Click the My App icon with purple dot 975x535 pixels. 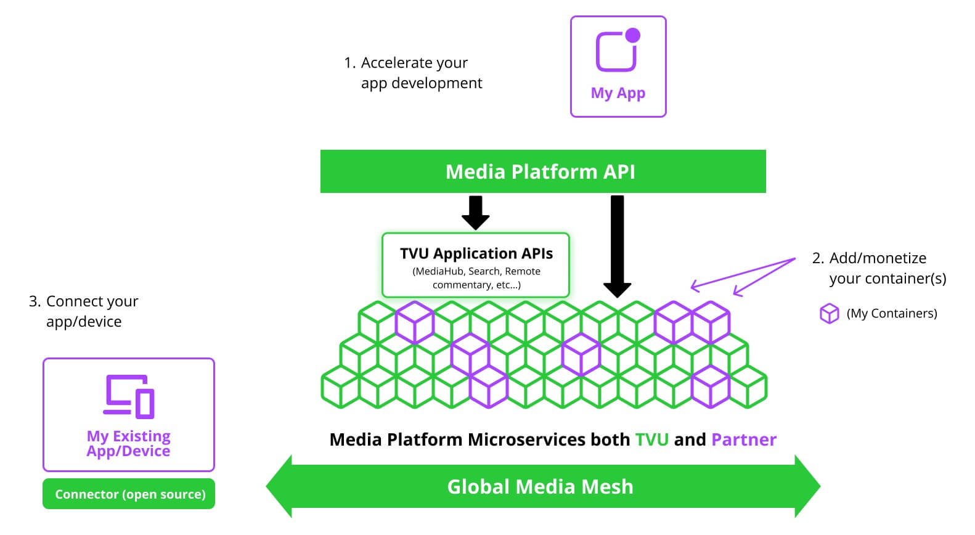point(617,51)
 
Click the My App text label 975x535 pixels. point(618,93)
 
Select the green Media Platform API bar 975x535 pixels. point(542,171)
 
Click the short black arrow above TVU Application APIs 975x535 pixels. point(475,212)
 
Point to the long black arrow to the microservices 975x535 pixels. point(617,247)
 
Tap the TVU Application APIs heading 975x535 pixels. point(476,253)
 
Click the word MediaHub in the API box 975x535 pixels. point(439,271)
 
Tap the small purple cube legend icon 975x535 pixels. point(829,314)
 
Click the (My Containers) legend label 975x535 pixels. point(892,314)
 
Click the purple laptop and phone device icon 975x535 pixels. point(128,396)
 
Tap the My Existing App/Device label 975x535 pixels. point(128,443)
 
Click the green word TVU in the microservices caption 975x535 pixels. point(651,439)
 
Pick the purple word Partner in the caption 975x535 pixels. point(743,439)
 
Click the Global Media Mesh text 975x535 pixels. point(540,486)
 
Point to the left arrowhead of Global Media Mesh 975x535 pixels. point(279,486)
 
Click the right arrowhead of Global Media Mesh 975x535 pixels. point(807,486)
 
